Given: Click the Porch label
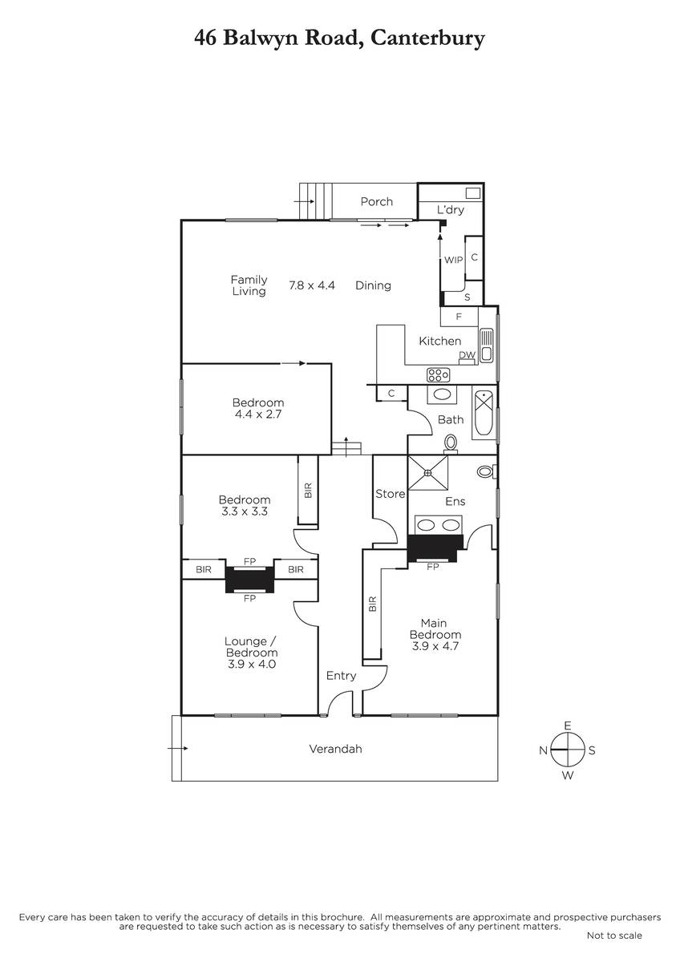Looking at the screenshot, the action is pyautogui.click(x=376, y=201).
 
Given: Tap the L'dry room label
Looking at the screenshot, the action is pyautogui.click(x=450, y=209).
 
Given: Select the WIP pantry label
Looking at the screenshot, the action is pyautogui.click(x=453, y=260).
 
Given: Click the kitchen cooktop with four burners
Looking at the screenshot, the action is pyautogui.click(x=438, y=374).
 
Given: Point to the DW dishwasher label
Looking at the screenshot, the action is pyautogui.click(x=467, y=355).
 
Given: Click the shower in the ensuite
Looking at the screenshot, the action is pyautogui.click(x=427, y=472).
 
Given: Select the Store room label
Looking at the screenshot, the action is pyautogui.click(x=390, y=494).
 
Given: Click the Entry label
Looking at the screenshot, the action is pyautogui.click(x=341, y=676).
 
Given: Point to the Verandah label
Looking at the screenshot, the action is pyautogui.click(x=335, y=749).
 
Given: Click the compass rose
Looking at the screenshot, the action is pyautogui.click(x=568, y=750).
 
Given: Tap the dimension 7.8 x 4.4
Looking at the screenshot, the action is pyautogui.click(x=312, y=285).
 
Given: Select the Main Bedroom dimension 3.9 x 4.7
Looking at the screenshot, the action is pyautogui.click(x=435, y=645).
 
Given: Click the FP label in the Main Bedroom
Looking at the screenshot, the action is pyautogui.click(x=432, y=567).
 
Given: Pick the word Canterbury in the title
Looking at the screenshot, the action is pyautogui.click(x=427, y=38).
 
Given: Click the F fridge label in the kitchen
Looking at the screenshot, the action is pyautogui.click(x=459, y=317).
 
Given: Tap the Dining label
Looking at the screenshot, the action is pyautogui.click(x=373, y=285).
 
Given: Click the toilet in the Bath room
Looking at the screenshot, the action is pyautogui.click(x=451, y=443).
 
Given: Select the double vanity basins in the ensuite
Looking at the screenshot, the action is pyautogui.click(x=439, y=525).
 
